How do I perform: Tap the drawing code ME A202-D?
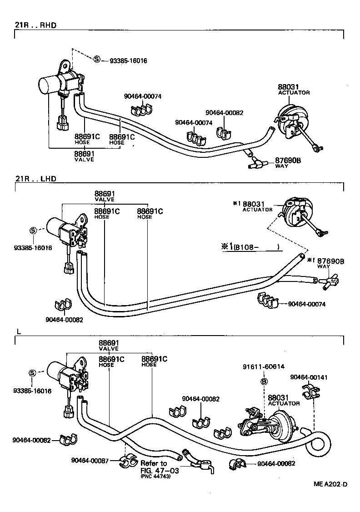(330, 497)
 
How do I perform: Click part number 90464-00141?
(309, 377)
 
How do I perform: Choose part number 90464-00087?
(90, 460)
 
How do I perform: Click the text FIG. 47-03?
(160, 471)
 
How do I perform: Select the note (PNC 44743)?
(155, 477)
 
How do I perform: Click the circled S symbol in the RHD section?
(97, 60)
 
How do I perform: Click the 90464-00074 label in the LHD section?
(307, 304)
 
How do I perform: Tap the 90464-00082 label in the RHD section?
(224, 112)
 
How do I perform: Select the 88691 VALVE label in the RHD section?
(84, 156)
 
